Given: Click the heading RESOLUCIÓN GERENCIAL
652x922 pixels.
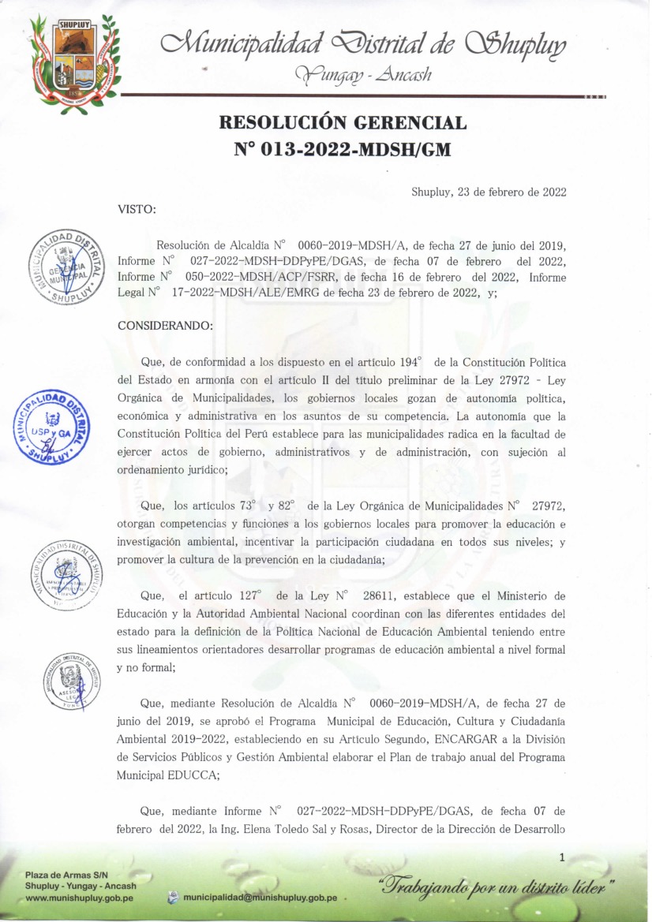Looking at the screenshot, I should pyautogui.click(x=342, y=123).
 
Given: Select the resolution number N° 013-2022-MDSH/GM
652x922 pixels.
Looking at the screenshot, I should pyautogui.click(x=342, y=147).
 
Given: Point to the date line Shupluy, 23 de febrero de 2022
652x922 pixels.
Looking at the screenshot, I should pyautogui.click(x=489, y=192).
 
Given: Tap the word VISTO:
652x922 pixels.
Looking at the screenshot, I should pyautogui.click(x=137, y=209).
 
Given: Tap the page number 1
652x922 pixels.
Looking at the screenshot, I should pyautogui.click(x=561, y=857).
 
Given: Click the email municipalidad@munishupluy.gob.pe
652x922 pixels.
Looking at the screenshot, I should pyautogui.click(x=260, y=898).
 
